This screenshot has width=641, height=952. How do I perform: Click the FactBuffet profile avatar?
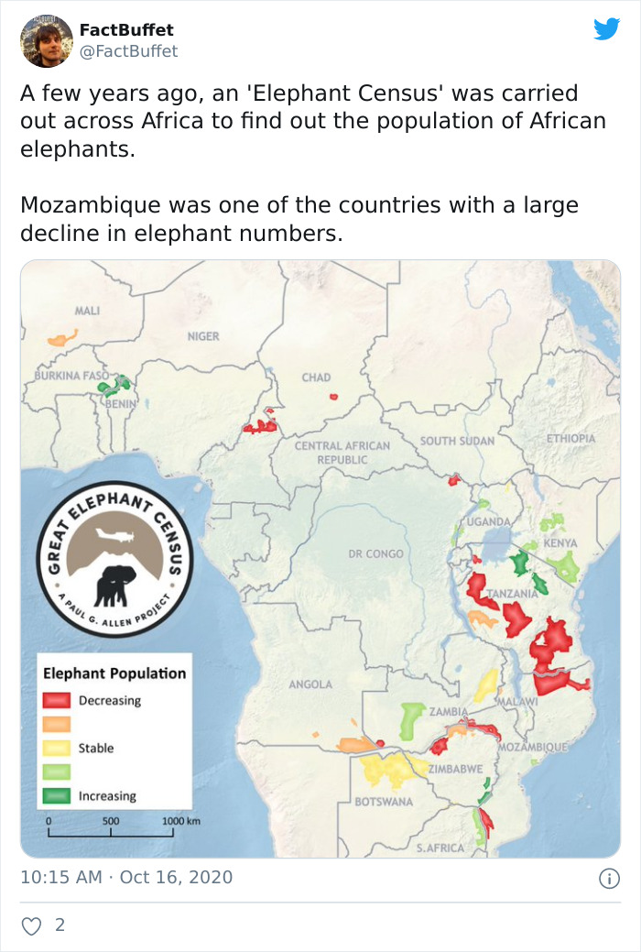pos(47,40)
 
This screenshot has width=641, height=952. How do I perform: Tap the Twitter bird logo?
pos(606,29)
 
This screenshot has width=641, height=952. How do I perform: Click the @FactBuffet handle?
pos(128,51)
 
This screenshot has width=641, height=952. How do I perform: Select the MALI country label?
pos(87,312)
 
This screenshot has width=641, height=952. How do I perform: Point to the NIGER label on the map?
pos(203,336)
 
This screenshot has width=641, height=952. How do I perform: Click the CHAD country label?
pos(316,378)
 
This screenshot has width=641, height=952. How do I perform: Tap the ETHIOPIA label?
pos(570,439)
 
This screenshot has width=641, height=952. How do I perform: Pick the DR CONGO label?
pos(375,554)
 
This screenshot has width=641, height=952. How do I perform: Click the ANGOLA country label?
pos(310,684)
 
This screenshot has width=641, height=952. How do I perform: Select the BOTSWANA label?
pos(383,802)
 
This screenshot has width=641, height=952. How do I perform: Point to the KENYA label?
pos(560,543)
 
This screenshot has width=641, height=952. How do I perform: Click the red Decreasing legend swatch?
pos(57,701)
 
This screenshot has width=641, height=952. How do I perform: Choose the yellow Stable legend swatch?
pos(57,749)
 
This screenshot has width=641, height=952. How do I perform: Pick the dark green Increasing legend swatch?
pos(57,796)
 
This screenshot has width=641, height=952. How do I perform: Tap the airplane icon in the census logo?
pos(116,539)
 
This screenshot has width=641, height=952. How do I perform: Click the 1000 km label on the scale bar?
pos(180,821)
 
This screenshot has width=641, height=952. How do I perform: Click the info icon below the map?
pos(607,878)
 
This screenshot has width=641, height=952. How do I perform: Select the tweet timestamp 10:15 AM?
pos(61,877)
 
